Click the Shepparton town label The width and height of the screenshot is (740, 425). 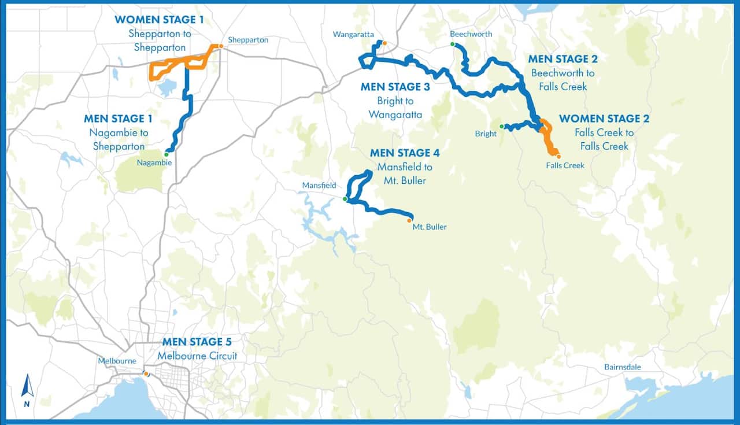[248, 40]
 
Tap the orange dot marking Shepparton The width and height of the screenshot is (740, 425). [220, 46]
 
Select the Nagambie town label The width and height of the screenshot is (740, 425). [154, 162]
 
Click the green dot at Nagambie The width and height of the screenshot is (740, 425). [166, 154]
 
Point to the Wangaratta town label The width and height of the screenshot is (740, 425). [354, 35]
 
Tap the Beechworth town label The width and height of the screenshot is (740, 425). [471, 34]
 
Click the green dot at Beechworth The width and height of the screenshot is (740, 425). [453, 45]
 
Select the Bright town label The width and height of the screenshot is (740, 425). [486, 134]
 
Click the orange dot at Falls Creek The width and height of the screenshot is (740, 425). [558, 156]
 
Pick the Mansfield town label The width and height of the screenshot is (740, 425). [319, 186]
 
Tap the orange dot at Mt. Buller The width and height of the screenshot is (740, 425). [409, 220]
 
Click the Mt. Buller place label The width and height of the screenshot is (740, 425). [429, 227]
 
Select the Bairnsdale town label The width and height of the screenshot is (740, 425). [623, 367]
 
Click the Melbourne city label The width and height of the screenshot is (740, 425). [117, 361]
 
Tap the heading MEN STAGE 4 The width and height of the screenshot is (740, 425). [405, 153]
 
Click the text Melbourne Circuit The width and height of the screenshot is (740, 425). [197, 356]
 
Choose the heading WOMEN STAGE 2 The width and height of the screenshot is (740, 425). [604, 119]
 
